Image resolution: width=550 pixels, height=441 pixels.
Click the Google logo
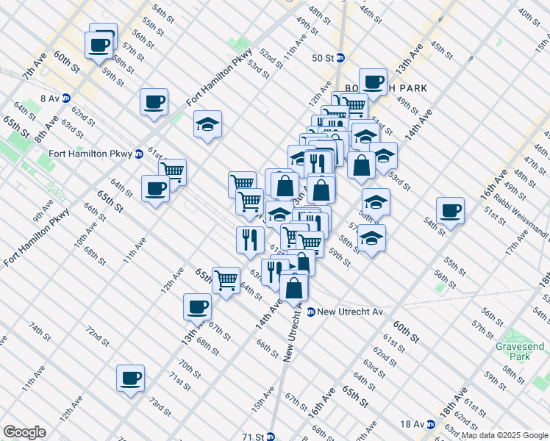[x=24, y=432]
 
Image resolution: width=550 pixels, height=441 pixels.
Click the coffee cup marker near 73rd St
[x=131, y=379]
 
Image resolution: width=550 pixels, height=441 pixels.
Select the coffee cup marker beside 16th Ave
[x=450, y=211]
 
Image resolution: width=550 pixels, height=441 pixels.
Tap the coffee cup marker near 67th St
[x=196, y=306]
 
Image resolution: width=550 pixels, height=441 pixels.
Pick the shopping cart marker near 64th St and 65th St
[x=226, y=279]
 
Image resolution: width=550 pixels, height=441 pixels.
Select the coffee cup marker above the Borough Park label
[x=373, y=82]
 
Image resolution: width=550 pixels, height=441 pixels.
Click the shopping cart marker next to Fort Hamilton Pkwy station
[x=172, y=172]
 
